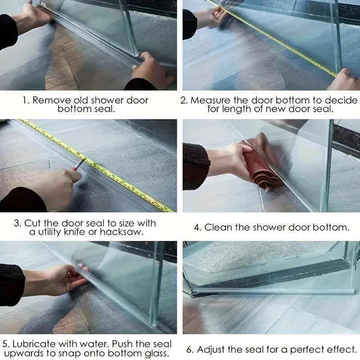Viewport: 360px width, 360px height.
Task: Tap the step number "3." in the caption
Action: click(x=18, y=223)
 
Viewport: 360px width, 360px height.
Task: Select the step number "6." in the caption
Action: click(x=191, y=349)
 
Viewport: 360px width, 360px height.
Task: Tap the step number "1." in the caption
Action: click(x=26, y=100)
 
